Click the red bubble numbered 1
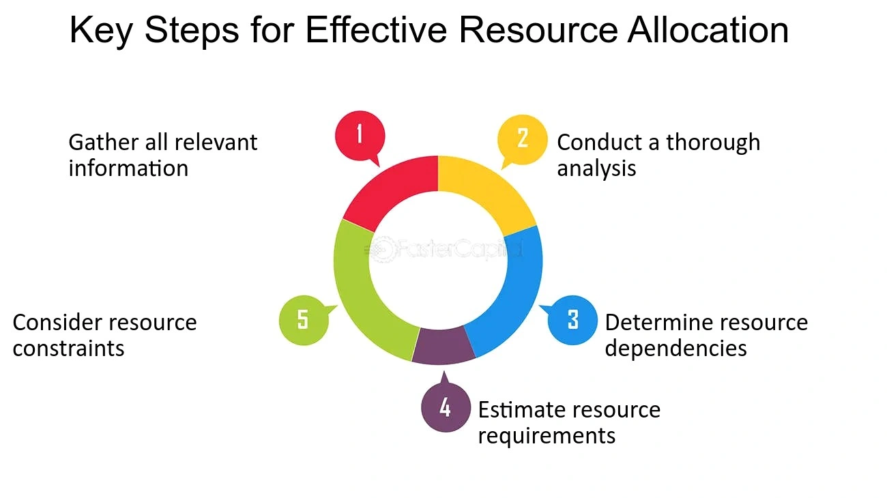360,135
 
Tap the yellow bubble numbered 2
522,139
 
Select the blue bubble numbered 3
572,320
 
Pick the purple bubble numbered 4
446,407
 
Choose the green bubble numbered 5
304,320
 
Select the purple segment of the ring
443,346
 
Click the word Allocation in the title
708,30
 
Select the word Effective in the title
376,30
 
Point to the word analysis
596,169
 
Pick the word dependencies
675,349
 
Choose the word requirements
547,436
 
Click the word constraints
68,349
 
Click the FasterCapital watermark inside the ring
443,250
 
